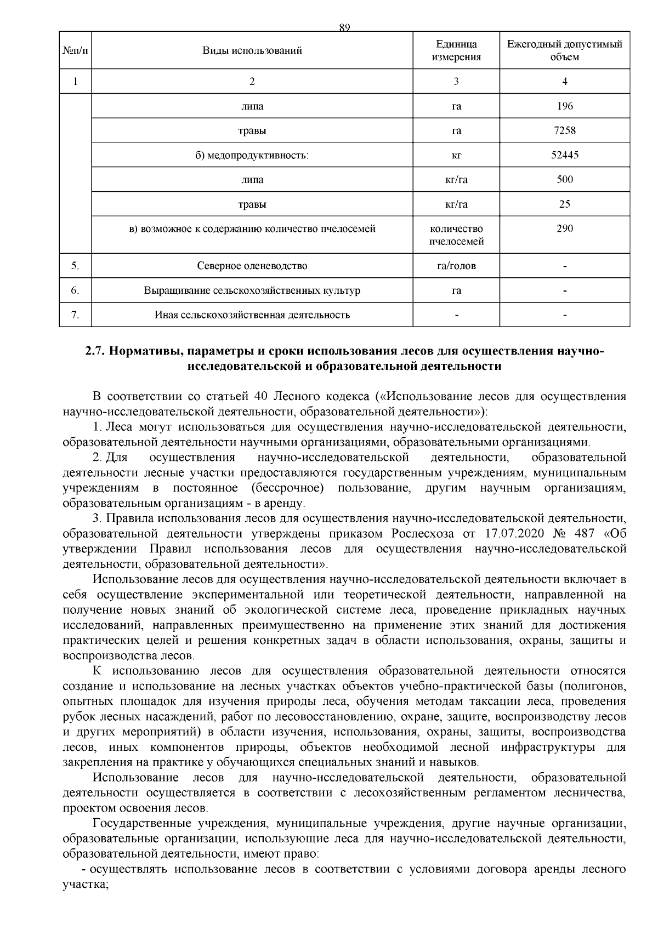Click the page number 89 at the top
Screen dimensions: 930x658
point(344,27)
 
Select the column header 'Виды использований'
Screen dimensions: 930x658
point(252,51)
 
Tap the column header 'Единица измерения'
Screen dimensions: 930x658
point(456,50)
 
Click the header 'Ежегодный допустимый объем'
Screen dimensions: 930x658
point(564,50)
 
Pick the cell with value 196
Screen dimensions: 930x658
point(564,106)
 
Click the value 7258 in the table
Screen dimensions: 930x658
point(564,131)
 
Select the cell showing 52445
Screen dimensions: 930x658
point(564,155)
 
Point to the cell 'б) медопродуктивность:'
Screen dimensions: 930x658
point(252,156)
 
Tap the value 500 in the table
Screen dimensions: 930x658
point(564,180)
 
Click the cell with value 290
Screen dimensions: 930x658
point(564,229)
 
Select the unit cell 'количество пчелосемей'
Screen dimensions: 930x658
point(456,235)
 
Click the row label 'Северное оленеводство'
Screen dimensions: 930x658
point(252,266)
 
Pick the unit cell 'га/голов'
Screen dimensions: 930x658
point(456,266)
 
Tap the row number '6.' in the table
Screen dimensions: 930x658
point(75,290)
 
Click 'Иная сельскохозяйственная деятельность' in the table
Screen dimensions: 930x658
point(252,315)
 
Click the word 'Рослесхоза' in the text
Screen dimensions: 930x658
point(421,534)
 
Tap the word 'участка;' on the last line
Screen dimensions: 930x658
point(86,900)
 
